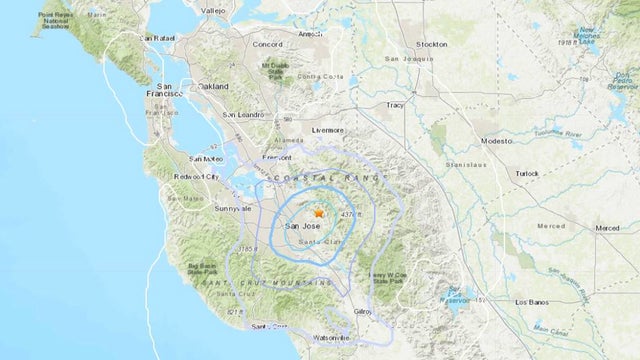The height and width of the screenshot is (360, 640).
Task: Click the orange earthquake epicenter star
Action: pos(319,213)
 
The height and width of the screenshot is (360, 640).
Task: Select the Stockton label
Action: pos(433,45)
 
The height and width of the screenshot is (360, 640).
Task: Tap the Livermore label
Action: pos(326,130)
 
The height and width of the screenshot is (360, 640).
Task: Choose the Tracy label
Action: pos(399,104)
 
